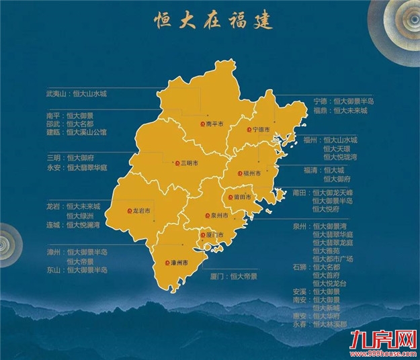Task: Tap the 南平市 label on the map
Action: pyautogui.click(x=215, y=124)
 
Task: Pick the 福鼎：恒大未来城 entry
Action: pyautogui.click(x=340, y=110)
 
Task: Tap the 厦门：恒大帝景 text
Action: pyautogui.click(x=234, y=275)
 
